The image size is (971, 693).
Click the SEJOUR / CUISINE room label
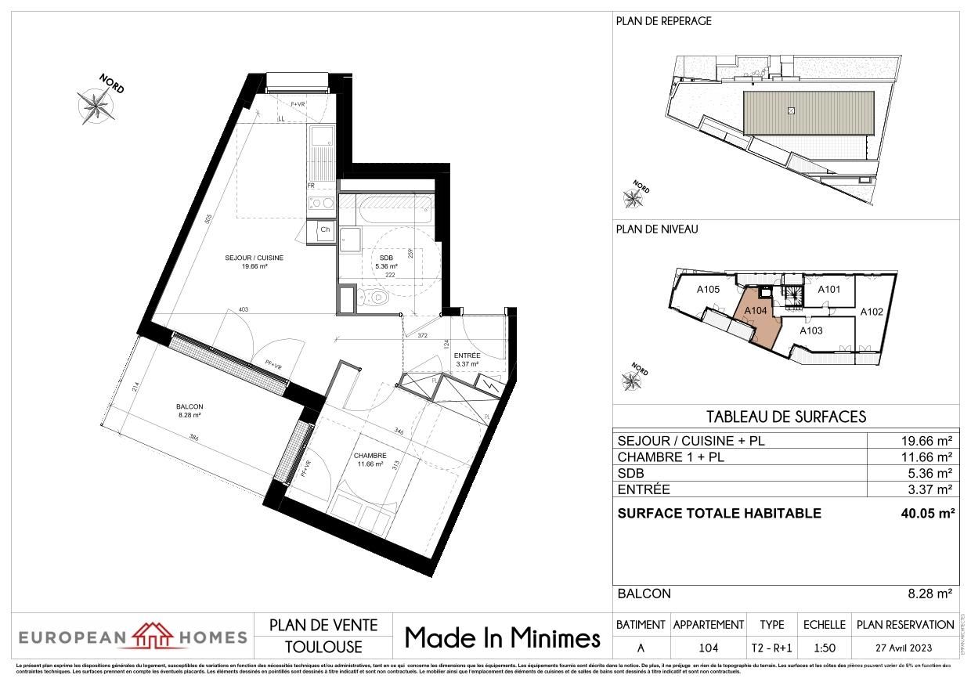pos(254,258)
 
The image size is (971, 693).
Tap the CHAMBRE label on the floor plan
pos(369,456)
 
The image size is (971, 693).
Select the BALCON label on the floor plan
pos(190,406)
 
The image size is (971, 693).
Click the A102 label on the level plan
pos(872,312)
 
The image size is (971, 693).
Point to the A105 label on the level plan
pos(708,289)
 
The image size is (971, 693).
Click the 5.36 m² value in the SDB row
pos(929,474)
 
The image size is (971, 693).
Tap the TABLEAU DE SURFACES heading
pos(785,417)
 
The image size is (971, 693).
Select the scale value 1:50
pos(824,648)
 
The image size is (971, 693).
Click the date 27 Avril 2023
pos(905,648)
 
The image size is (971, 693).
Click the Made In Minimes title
pos(502,638)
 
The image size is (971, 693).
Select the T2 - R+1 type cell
pos(771,648)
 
